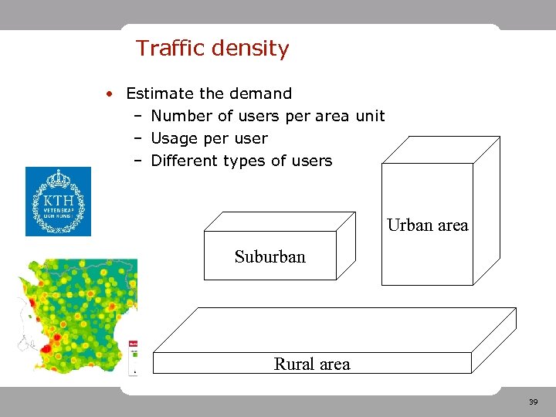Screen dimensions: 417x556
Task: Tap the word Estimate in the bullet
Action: click(160, 93)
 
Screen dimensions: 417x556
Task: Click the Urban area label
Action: click(427, 225)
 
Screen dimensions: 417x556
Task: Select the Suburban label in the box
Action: click(270, 256)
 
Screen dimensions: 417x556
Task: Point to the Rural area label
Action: click(312, 364)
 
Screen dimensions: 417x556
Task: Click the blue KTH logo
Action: click(58, 202)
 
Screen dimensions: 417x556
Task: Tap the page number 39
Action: click(533, 402)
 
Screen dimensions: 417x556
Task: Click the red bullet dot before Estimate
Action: click(112, 94)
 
